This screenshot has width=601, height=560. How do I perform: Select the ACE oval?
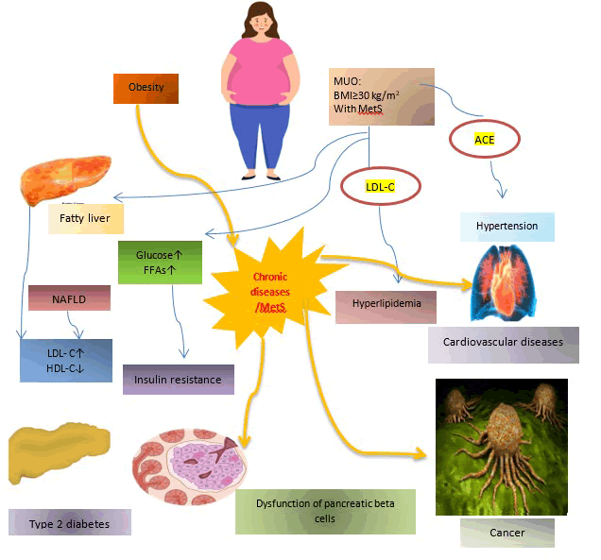(x=485, y=139)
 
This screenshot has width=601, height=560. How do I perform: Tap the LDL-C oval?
(x=379, y=187)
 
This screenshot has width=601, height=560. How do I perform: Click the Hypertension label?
(x=507, y=227)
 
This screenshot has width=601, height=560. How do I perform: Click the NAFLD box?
(x=69, y=297)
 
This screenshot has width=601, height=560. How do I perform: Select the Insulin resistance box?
(x=178, y=379)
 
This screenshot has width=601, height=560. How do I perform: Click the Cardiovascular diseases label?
(x=503, y=342)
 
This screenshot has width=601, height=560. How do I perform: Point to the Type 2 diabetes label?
(x=69, y=522)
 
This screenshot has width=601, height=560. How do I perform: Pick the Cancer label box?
(x=507, y=533)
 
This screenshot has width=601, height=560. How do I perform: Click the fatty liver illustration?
(x=63, y=177)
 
